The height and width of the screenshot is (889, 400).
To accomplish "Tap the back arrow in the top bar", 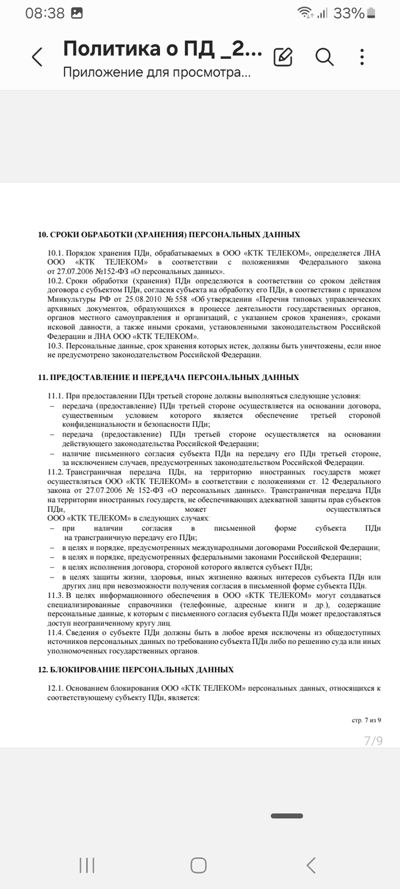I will pos(37,57).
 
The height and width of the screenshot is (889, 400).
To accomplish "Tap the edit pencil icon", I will pos(283,57).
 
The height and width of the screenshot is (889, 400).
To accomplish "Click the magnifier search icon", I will pos(324,57).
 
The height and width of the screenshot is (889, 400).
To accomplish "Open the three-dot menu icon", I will pos(362,57).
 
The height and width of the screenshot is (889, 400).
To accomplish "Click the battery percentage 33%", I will pos(349,13).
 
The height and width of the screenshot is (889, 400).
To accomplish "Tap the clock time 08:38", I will pos(45,13).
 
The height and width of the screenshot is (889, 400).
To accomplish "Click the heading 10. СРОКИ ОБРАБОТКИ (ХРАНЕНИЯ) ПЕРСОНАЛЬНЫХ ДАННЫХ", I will pos(169,235).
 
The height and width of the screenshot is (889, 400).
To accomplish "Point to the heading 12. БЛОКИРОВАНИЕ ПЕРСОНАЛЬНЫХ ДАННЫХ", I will pos(135,670).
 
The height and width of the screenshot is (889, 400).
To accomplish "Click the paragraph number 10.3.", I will pos(55,346).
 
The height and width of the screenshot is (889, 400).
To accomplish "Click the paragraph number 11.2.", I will pos(55,472).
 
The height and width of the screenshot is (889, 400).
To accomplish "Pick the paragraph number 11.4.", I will pos(55,633).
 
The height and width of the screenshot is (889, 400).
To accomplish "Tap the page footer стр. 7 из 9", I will pos(366,720).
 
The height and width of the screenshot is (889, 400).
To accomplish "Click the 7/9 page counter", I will pos(373,741).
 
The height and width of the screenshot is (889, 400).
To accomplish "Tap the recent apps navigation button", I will pos(87,865).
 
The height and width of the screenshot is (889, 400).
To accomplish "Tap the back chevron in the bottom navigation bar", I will pos(311,865).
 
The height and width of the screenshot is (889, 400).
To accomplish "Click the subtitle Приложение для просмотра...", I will pos(156,73).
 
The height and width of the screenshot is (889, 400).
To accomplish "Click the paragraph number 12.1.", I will pos(55,688).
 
